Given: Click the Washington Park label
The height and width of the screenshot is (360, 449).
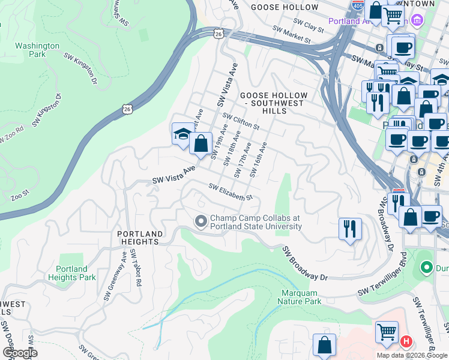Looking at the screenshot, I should coord(37,50).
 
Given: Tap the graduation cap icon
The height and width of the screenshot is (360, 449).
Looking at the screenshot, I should coord(182,134).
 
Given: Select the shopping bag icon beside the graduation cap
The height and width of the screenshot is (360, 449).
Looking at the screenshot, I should coord(201,144).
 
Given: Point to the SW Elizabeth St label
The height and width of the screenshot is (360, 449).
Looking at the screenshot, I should coord(231,193).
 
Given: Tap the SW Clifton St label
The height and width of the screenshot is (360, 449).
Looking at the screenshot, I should coord(240,122).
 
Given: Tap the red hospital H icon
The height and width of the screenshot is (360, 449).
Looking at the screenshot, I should coord(406,342).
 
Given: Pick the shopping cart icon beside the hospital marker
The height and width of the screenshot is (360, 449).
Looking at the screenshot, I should coord(387,332).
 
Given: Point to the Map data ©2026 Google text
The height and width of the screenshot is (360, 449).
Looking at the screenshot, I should coord(412,355).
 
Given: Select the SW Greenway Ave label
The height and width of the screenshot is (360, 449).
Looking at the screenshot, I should coord(115,275).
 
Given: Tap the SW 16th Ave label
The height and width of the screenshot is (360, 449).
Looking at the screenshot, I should coord(258,160).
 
